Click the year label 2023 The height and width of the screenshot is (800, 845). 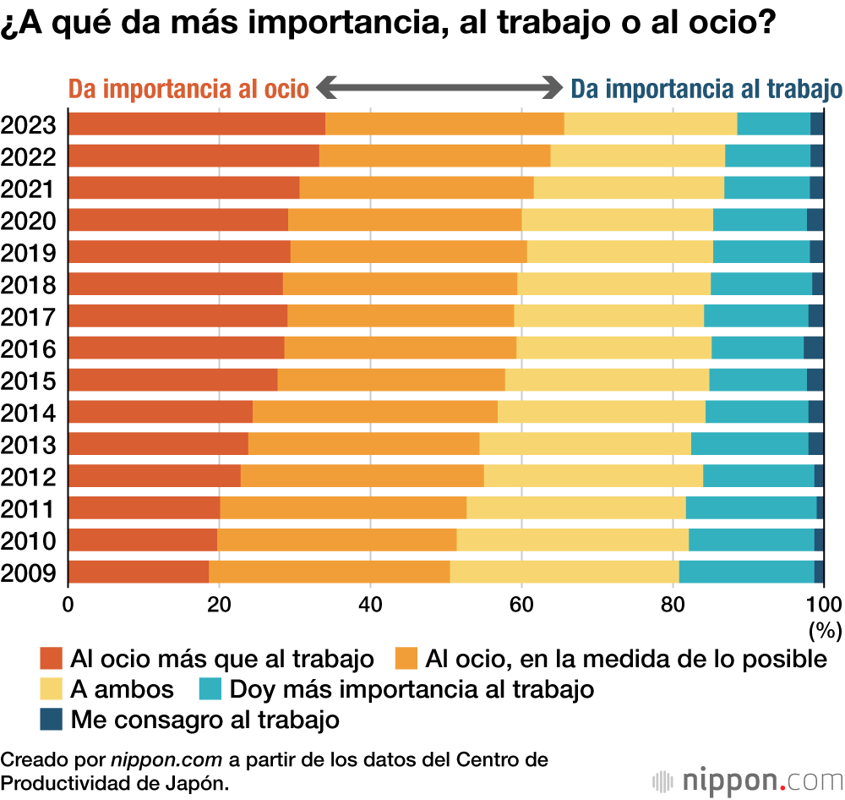(29, 125)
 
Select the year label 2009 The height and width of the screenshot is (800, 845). (29, 573)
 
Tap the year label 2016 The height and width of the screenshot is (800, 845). (29, 349)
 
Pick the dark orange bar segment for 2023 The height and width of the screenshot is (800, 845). (196, 123)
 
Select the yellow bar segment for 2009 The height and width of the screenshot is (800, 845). (564, 573)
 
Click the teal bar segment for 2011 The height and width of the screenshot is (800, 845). (751, 508)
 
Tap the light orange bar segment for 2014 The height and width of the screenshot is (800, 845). (374, 412)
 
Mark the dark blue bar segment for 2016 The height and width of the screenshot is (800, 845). (813, 348)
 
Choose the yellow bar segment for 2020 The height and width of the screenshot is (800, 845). (617, 220)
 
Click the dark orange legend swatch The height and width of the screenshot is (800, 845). (52, 658)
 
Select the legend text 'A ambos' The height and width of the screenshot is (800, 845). (122, 689)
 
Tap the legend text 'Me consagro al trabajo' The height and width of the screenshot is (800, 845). (204, 720)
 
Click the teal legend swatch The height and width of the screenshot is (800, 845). (210, 689)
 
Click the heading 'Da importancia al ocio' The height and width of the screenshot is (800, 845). (188, 89)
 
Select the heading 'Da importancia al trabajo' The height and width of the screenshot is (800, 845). (706, 89)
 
